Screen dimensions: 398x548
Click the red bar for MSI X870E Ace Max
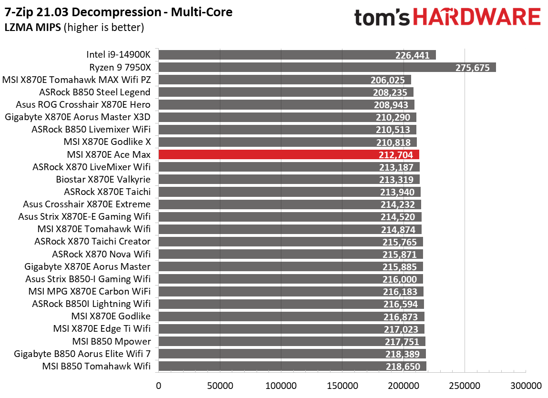[x=289, y=154]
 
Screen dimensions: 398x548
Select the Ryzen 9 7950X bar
[x=327, y=67]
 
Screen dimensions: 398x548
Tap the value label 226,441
[x=413, y=55]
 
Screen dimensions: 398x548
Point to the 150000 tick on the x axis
[x=342, y=385]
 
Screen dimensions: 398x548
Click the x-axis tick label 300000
[x=526, y=385]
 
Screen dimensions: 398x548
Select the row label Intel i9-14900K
[x=118, y=55]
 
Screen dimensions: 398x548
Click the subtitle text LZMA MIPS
[x=32, y=28]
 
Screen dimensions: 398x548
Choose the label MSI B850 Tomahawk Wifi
[x=96, y=366]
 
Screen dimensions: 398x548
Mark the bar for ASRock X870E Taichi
[x=289, y=192]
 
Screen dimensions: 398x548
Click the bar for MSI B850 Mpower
[x=291, y=341]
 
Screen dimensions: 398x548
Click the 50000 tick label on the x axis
[x=219, y=385]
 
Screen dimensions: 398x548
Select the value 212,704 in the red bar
[x=398, y=154]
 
